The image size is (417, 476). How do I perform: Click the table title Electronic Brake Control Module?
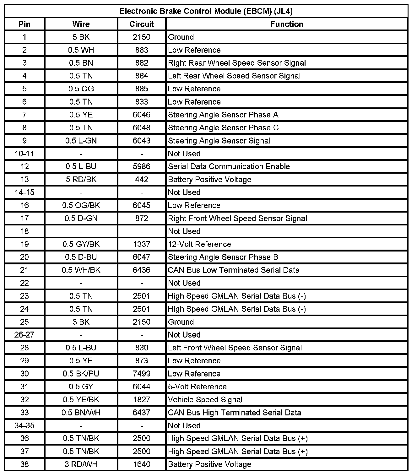click(x=206, y=11)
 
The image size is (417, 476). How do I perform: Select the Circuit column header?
click(x=142, y=24)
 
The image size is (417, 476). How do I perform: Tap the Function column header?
click(x=287, y=24)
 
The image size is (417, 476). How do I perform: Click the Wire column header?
click(x=81, y=24)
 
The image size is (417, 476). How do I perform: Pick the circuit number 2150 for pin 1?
click(x=142, y=37)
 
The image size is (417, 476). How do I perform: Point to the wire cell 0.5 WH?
click(x=81, y=50)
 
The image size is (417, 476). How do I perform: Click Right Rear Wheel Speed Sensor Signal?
click(x=237, y=63)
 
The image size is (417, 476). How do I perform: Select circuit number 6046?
click(x=142, y=115)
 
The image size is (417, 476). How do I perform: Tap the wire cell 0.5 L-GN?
click(x=81, y=141)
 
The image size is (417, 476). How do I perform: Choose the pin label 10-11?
click(x=24, y=154)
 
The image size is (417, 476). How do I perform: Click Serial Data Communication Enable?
click(x=229, y=166)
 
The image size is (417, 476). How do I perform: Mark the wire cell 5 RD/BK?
click(x=81, y=180)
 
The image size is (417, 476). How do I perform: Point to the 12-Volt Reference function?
click(x=199, y=244)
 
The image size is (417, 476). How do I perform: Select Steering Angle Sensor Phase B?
click(x=223, y=257)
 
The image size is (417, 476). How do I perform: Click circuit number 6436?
click(x=142, y=270)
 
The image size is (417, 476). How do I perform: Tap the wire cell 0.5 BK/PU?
click(x=81, y=374)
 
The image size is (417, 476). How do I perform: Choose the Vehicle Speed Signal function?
click(x=205, y=400)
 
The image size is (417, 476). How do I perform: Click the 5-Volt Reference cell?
click(x=197, y=387)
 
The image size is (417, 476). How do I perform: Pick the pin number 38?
click(x=24, y=464)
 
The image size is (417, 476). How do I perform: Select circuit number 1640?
click(x=142, y=464)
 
